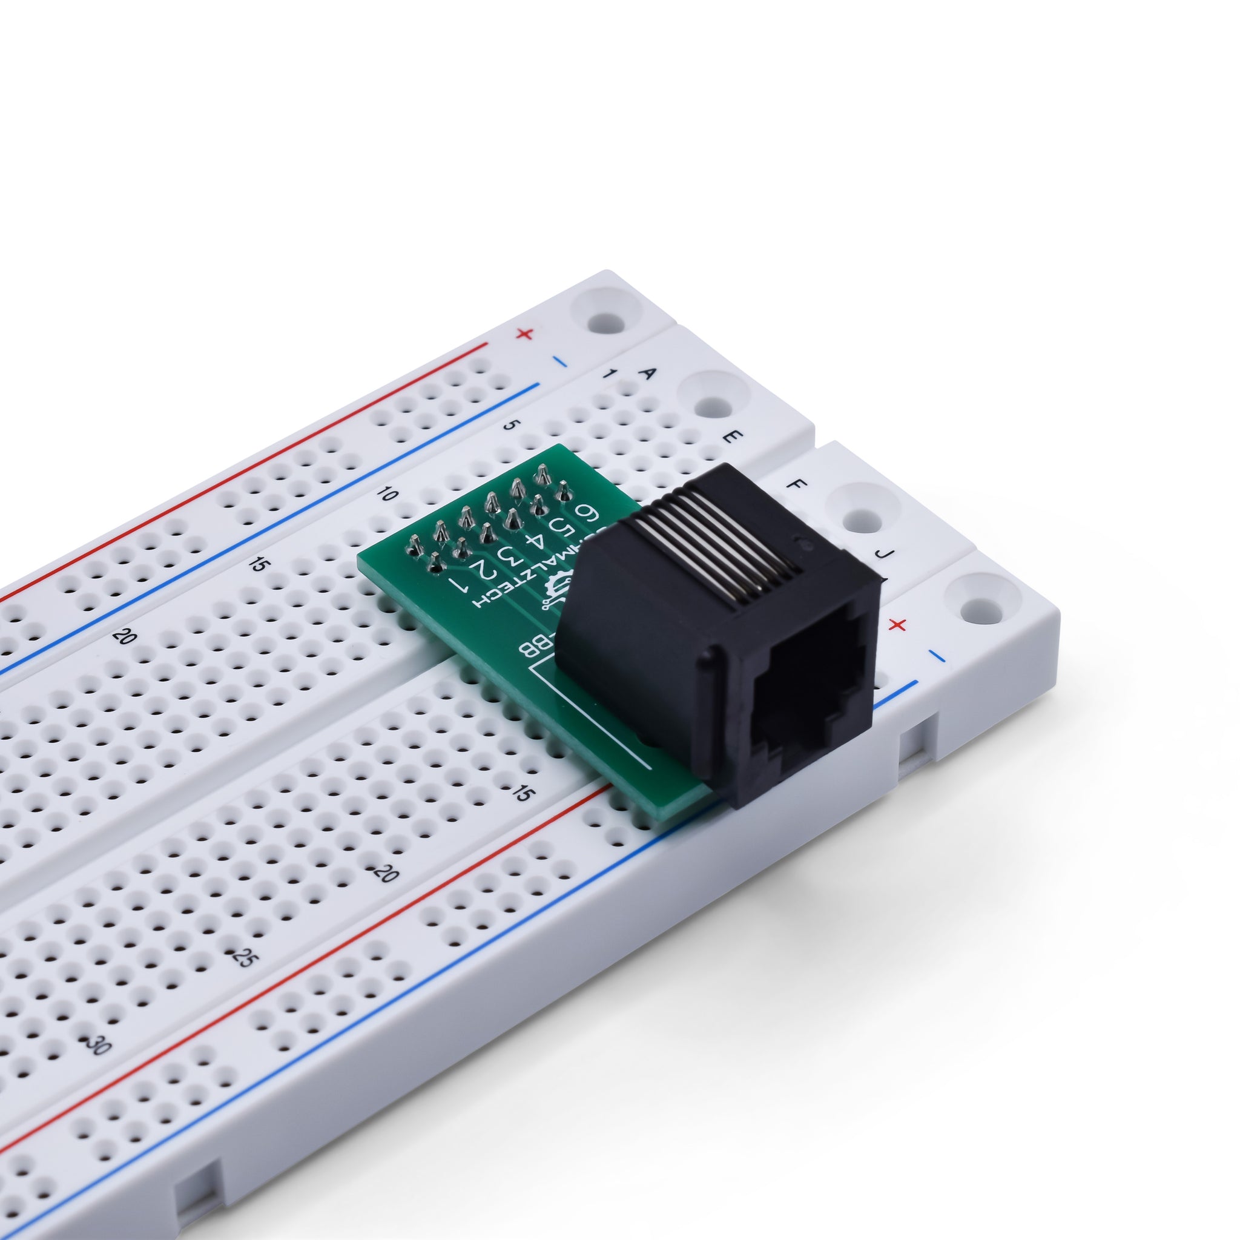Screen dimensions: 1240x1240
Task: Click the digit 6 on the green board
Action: [586, 514]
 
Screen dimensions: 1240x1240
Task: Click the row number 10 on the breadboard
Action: [387, 494]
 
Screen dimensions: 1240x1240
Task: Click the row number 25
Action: [243, 958]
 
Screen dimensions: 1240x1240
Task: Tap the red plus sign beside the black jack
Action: [898, 624]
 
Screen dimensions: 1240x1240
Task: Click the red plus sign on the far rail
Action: [525, 334]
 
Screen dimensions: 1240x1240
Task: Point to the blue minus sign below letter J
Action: [937, 656]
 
